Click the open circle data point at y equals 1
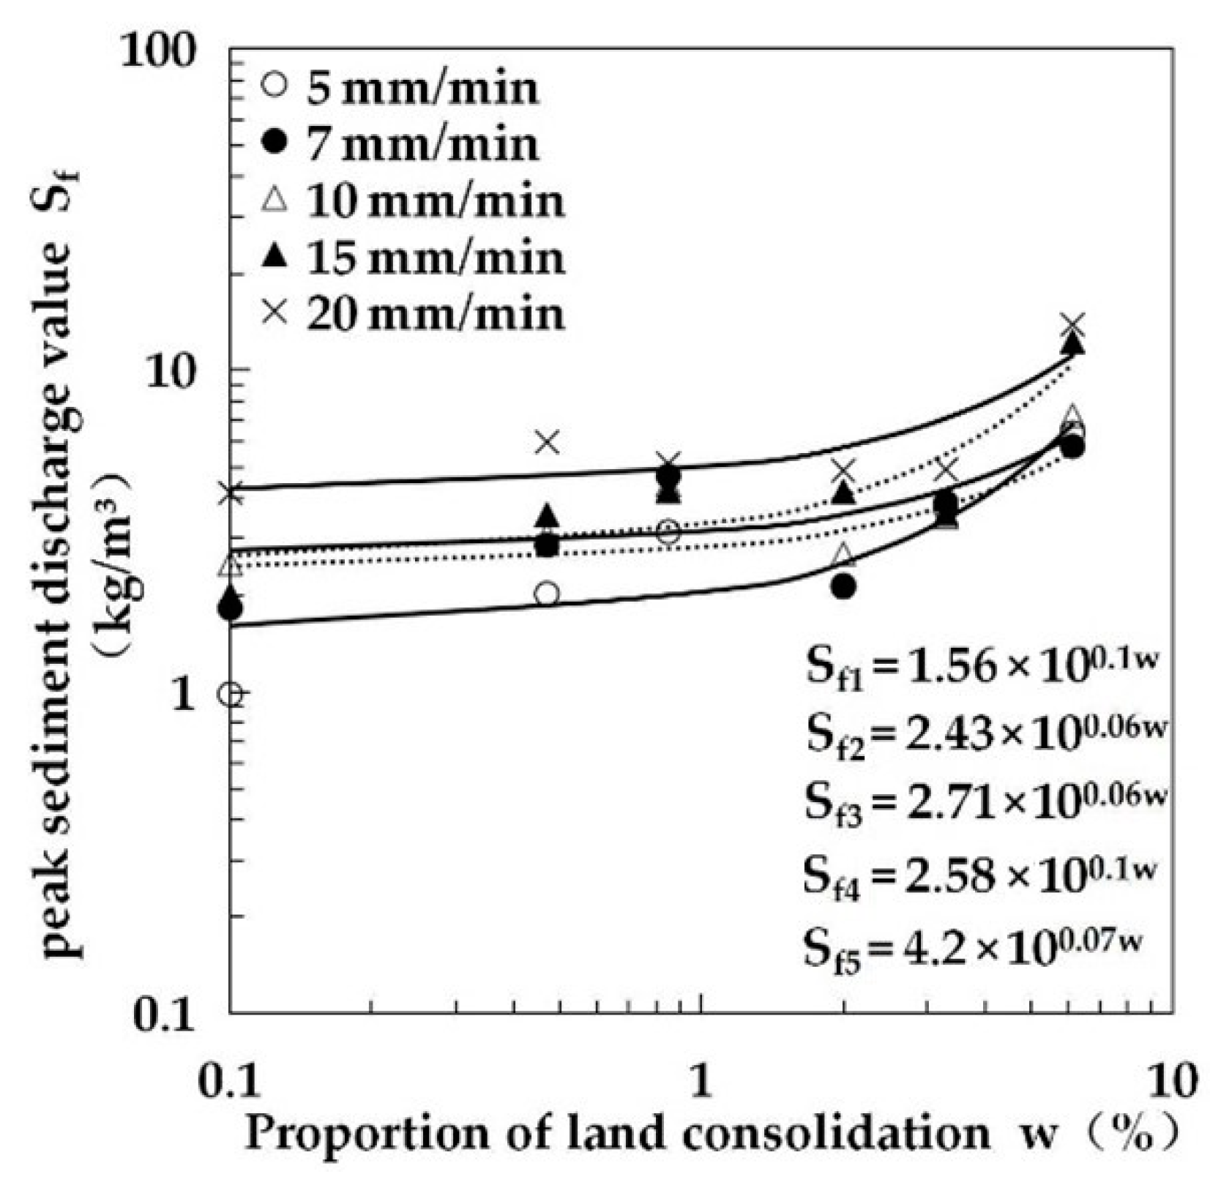click(x=231, y=694)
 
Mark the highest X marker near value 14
click(x=1073, y=324)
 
